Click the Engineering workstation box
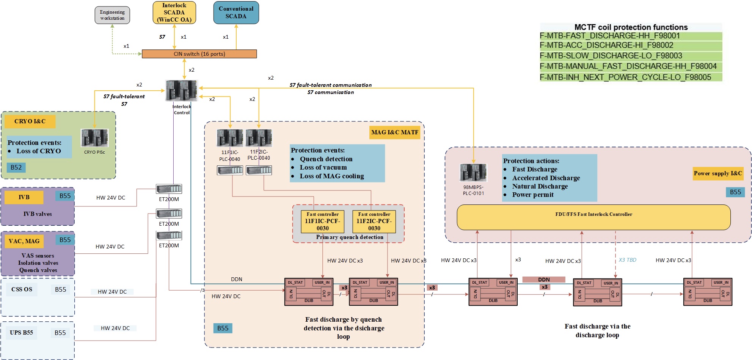click(112, 15)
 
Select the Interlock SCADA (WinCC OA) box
click(174, 13)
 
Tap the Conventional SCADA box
click(236, 13)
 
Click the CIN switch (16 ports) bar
click(199, 54)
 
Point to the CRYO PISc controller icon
click(94, 138)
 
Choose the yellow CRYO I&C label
click(30, 121)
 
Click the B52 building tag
click(16, 167)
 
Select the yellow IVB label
click(24, 197)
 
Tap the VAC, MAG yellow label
click(24, 241)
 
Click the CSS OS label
click(22, 289)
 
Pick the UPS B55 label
click(22, 333)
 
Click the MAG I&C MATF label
click(394, 132)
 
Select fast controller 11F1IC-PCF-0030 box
click(322, 222)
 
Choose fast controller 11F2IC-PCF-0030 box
click(374, 222)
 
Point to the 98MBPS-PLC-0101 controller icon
click(473, 173)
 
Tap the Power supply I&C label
click(718, 173)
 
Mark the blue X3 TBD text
click(627, 260)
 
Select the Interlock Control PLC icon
click(182, 90)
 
